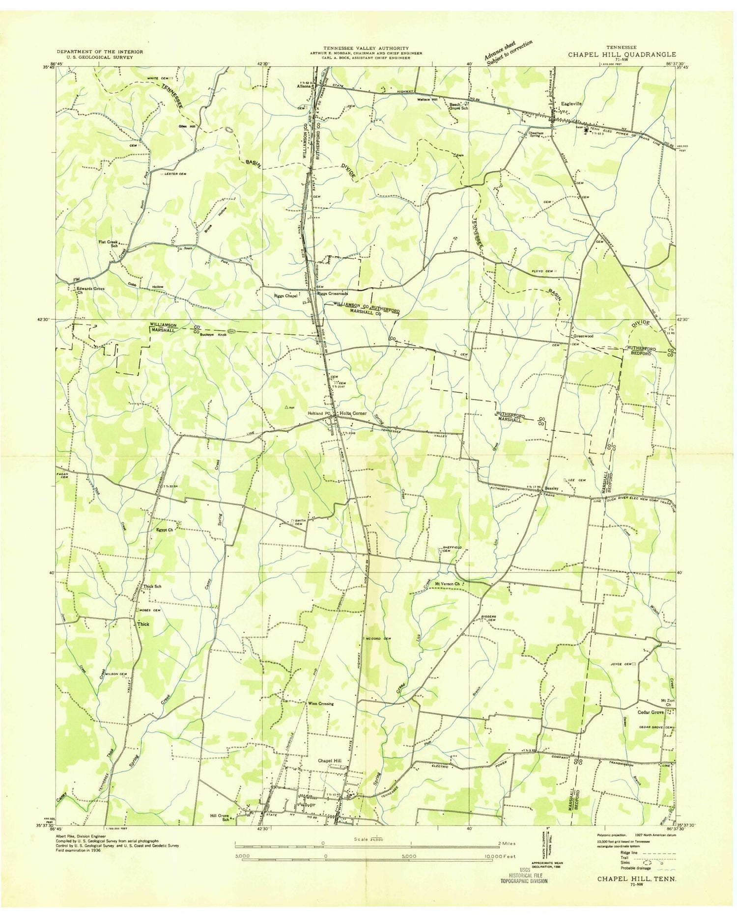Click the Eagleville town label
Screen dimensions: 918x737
[x=570, y=104]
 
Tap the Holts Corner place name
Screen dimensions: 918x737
[x=353, y=413]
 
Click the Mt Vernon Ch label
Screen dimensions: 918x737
[x=447, y=584]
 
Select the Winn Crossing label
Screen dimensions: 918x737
[x=320, y=703]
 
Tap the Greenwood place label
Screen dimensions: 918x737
[x=583, y=336]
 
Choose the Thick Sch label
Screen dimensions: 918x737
[x=152, y=586]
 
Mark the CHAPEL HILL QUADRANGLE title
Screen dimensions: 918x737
[x=622, y=54]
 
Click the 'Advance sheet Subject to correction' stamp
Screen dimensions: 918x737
[x=508, y=53]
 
